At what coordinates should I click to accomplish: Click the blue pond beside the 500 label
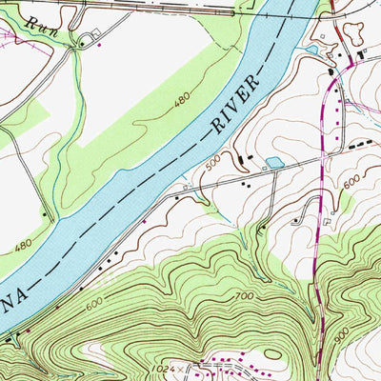pos(274,164)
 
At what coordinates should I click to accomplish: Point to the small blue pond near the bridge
pos(311,49)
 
